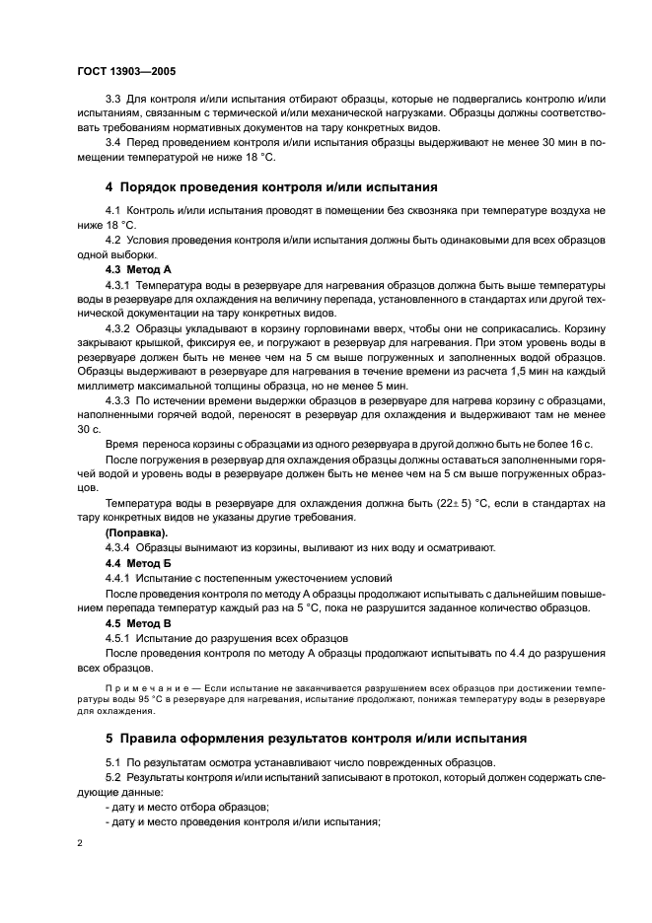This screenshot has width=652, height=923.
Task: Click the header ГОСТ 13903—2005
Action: click(125, 71)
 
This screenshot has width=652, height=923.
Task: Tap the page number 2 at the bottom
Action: click(80, 843)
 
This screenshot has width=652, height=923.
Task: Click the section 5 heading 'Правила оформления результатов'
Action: click(316, 737)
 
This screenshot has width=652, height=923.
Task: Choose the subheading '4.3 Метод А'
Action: click(138, 268)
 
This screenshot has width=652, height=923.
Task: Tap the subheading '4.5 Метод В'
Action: click(138, 623)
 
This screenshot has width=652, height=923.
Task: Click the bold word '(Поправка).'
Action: click(136, 532)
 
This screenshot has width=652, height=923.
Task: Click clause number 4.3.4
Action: click(117, 547)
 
